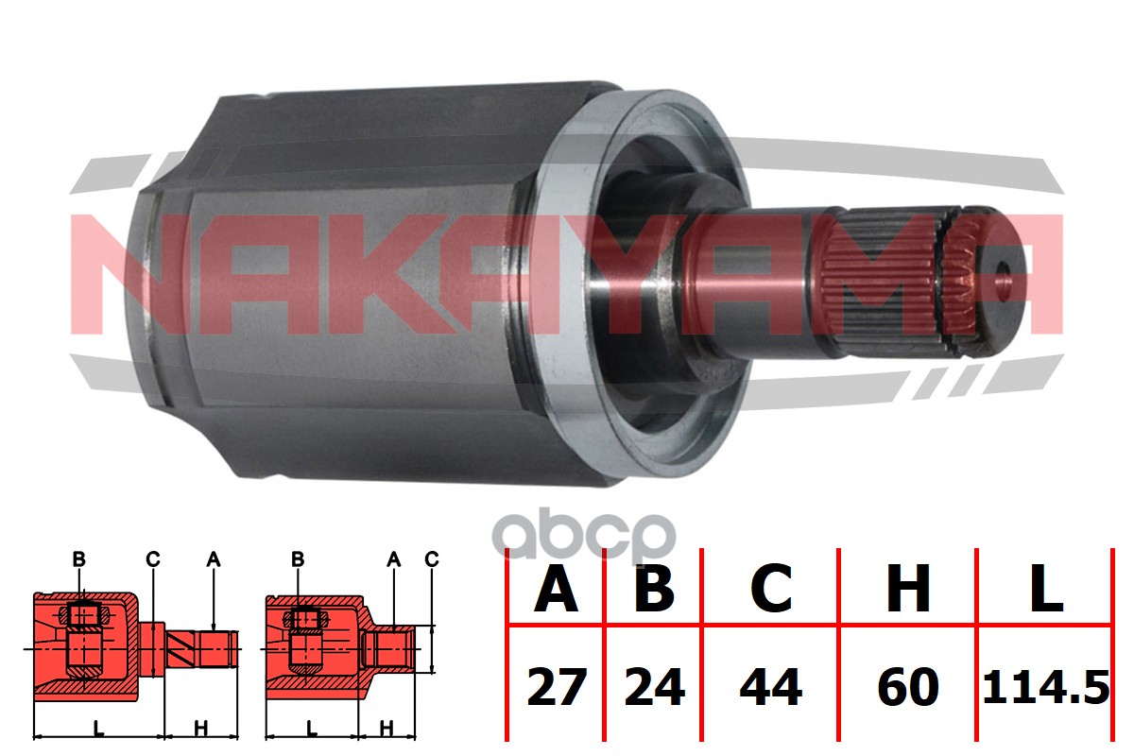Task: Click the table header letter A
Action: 556,589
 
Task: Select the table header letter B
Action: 654,589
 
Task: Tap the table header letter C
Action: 771,589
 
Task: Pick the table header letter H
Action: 908,589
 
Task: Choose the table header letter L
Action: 1046,589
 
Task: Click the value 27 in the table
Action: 557,687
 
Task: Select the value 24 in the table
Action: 655,687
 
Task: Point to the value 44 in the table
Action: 771,687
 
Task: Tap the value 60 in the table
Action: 908,687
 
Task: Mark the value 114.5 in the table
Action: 1046,687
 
